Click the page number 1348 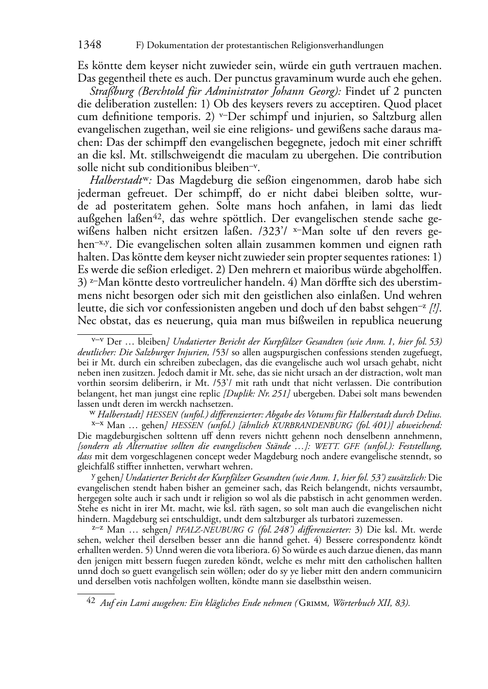pos(89,45)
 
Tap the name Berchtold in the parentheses pos(159,92)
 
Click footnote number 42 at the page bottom pos(91,602)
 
